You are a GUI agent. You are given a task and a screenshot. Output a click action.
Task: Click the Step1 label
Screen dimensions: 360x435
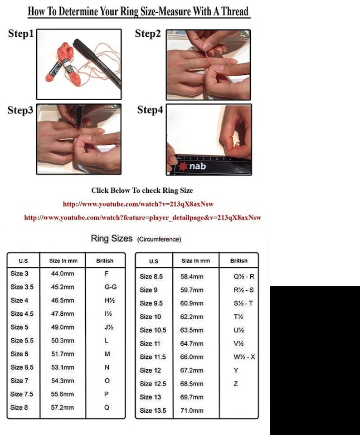21,34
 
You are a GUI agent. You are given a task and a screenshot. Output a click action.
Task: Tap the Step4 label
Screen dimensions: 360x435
150,110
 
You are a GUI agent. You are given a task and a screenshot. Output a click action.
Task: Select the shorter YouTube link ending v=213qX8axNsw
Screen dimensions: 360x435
138,204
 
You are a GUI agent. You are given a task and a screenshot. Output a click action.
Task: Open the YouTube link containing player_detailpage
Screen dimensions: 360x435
142,218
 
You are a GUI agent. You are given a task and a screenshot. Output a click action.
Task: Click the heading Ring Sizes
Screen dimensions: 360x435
112,238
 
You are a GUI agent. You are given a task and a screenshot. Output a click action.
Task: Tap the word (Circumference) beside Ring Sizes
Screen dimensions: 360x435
159,239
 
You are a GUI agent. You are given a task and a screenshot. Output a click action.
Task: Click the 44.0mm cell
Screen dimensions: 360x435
63,274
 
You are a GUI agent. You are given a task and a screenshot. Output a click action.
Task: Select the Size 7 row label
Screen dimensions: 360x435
19,381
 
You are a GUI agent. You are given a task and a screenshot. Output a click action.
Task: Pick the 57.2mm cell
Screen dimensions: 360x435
63,407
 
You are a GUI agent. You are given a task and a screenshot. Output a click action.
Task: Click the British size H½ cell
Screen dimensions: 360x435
110,300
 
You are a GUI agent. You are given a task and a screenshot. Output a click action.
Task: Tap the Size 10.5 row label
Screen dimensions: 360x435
153,330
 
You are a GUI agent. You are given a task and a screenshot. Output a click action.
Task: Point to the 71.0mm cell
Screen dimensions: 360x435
192,411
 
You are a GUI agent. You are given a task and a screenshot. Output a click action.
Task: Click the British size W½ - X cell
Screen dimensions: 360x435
244,357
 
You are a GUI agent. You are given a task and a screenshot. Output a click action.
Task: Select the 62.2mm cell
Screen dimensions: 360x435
192,317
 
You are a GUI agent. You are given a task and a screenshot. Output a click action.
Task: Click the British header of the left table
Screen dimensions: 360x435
105,261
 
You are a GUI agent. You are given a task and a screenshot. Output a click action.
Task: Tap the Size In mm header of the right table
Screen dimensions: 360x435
196,261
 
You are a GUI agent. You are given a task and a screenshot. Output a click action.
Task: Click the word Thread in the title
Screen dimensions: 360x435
235,11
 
